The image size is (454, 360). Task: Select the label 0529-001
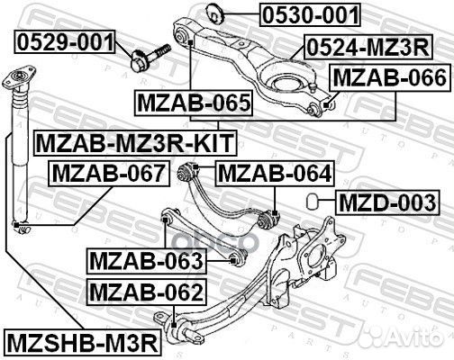tap(64, 40)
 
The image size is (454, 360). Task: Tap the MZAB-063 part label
tap(146, 261)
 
